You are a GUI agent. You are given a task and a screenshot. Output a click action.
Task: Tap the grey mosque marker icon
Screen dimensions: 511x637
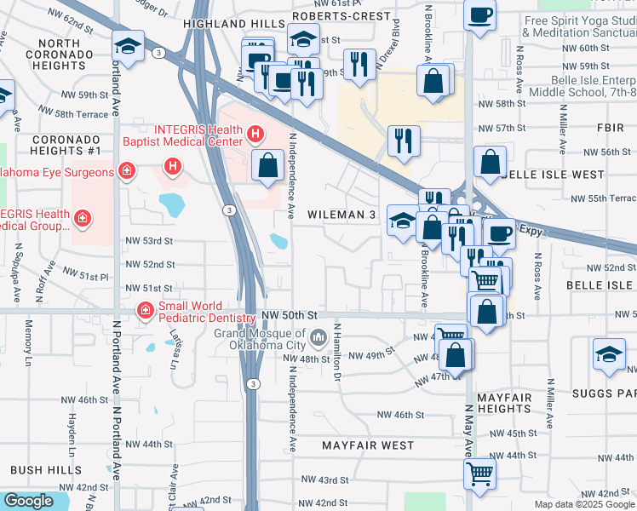point(318,339)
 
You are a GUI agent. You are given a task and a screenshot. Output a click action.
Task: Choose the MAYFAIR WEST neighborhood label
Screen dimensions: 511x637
point(368,445)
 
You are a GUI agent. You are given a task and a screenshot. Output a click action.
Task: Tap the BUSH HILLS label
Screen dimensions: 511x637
point(46,470)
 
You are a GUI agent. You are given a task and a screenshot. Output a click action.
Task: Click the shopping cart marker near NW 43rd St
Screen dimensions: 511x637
point(479,473)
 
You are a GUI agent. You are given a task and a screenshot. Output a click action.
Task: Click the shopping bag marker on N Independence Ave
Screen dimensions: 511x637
point(267,165)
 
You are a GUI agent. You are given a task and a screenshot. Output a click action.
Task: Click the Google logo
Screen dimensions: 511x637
point(28,501)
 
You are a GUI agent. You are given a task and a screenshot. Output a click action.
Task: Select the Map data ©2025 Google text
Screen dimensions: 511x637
point(583,504)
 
